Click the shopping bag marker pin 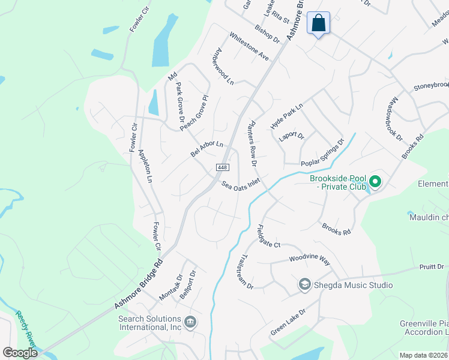point(319,24)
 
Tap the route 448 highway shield point(222,167)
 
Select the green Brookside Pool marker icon point(375,181)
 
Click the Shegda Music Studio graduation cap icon point(304,284)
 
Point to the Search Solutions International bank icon point(190,323)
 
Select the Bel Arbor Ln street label point(207,149)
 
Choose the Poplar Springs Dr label point(322,154)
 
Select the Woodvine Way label point(310,260)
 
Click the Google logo point(20,352)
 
